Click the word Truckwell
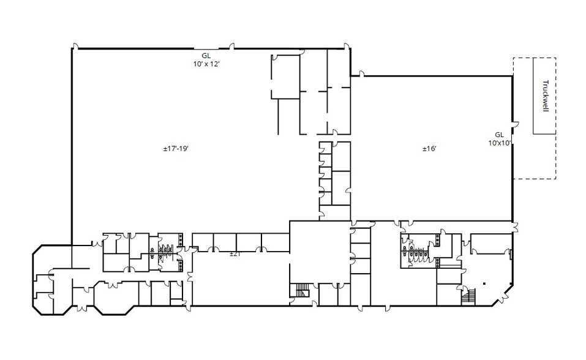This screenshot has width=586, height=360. [544, 96]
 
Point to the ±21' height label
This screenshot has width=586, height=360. [235, 253]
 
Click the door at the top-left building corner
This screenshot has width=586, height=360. [75, 47]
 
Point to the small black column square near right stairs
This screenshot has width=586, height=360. [484, 283]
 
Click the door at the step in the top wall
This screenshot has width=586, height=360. [361, 74]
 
